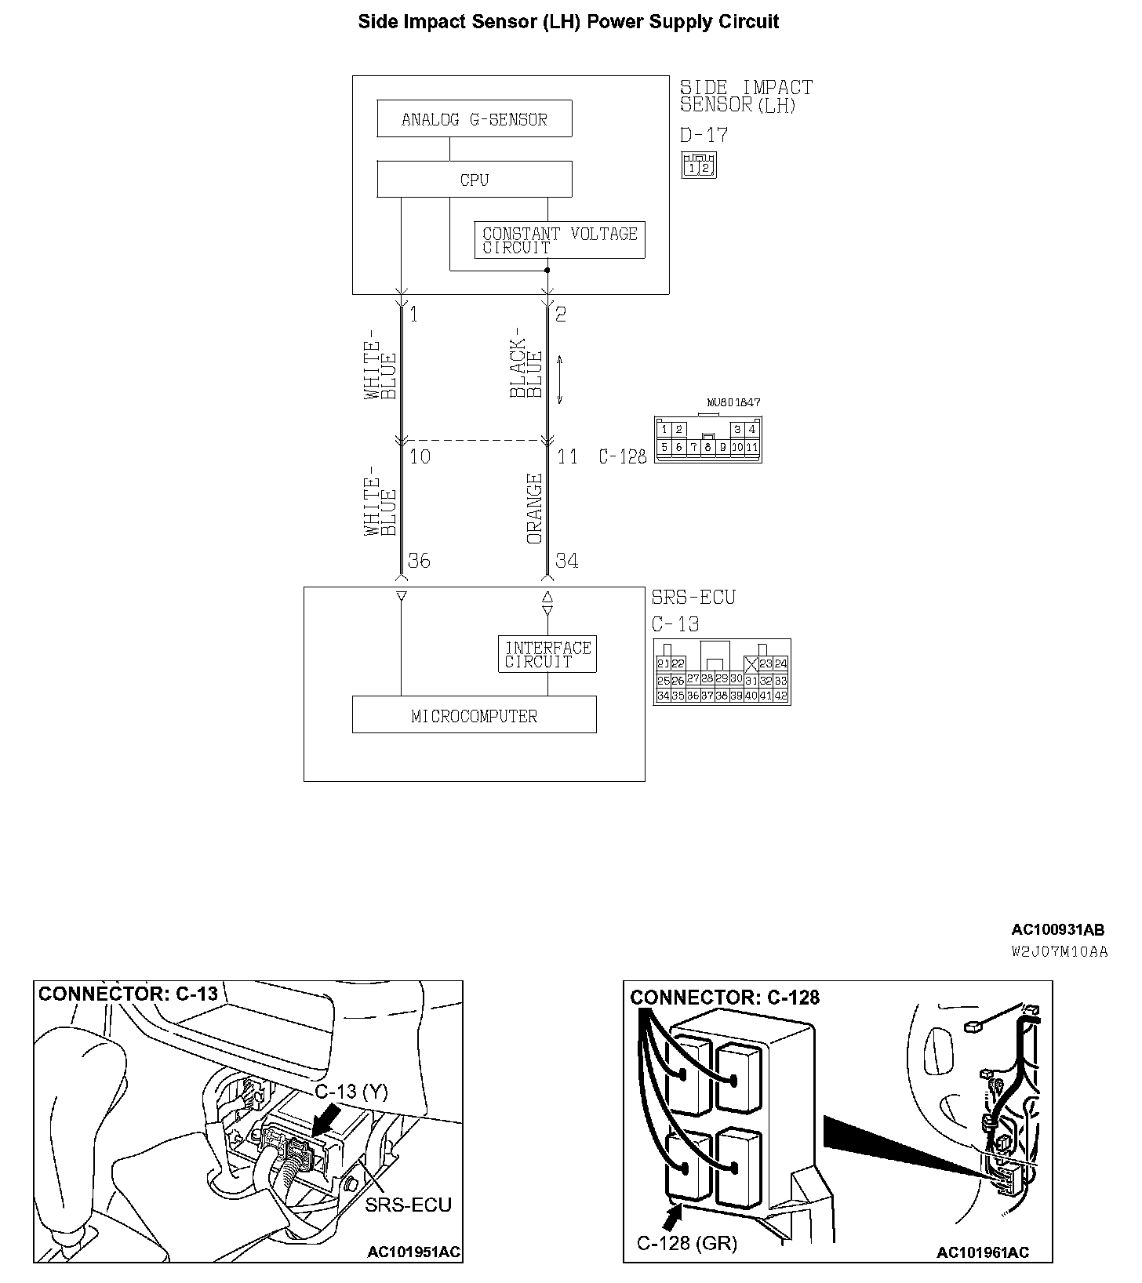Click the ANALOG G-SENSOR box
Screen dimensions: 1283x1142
point(474,119)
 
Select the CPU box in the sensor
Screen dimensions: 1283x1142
point(474,180)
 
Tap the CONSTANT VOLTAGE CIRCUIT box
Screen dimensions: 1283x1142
point(559,240)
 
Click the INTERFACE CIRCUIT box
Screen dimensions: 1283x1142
point(547,654)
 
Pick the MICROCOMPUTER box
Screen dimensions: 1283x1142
point(474,715)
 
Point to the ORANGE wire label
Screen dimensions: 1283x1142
point(535,508)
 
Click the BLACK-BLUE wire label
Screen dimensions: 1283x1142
point(526,369)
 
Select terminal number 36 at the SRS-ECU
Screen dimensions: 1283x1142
point(419,561)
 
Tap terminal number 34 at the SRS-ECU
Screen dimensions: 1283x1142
point(566,561)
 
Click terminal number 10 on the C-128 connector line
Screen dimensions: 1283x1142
point(420,456)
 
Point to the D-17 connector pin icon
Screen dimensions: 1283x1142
point(698,166)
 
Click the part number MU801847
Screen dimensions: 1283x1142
point(733,402)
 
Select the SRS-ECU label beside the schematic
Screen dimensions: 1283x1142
point(693,598)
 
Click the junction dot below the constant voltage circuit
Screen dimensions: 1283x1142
point(547,271)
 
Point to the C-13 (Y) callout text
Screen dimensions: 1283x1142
point(351,1092)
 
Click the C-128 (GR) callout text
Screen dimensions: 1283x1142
point(686,1243)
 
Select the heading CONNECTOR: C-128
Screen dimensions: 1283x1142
point(724,998)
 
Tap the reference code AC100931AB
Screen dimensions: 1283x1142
point(1057,930)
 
